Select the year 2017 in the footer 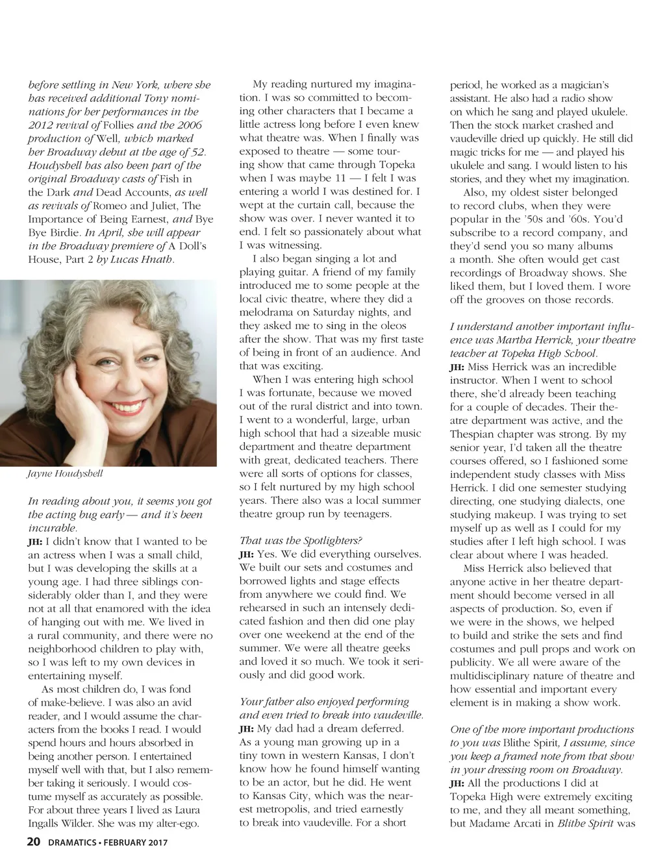pyautogui.click(x=155, y=843)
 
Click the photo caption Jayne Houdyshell pyautogui.click(x=65, y=473)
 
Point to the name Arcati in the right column pyautogui.click(x=521, y=824)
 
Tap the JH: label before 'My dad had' pyautogui.click(x=247, y=729)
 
